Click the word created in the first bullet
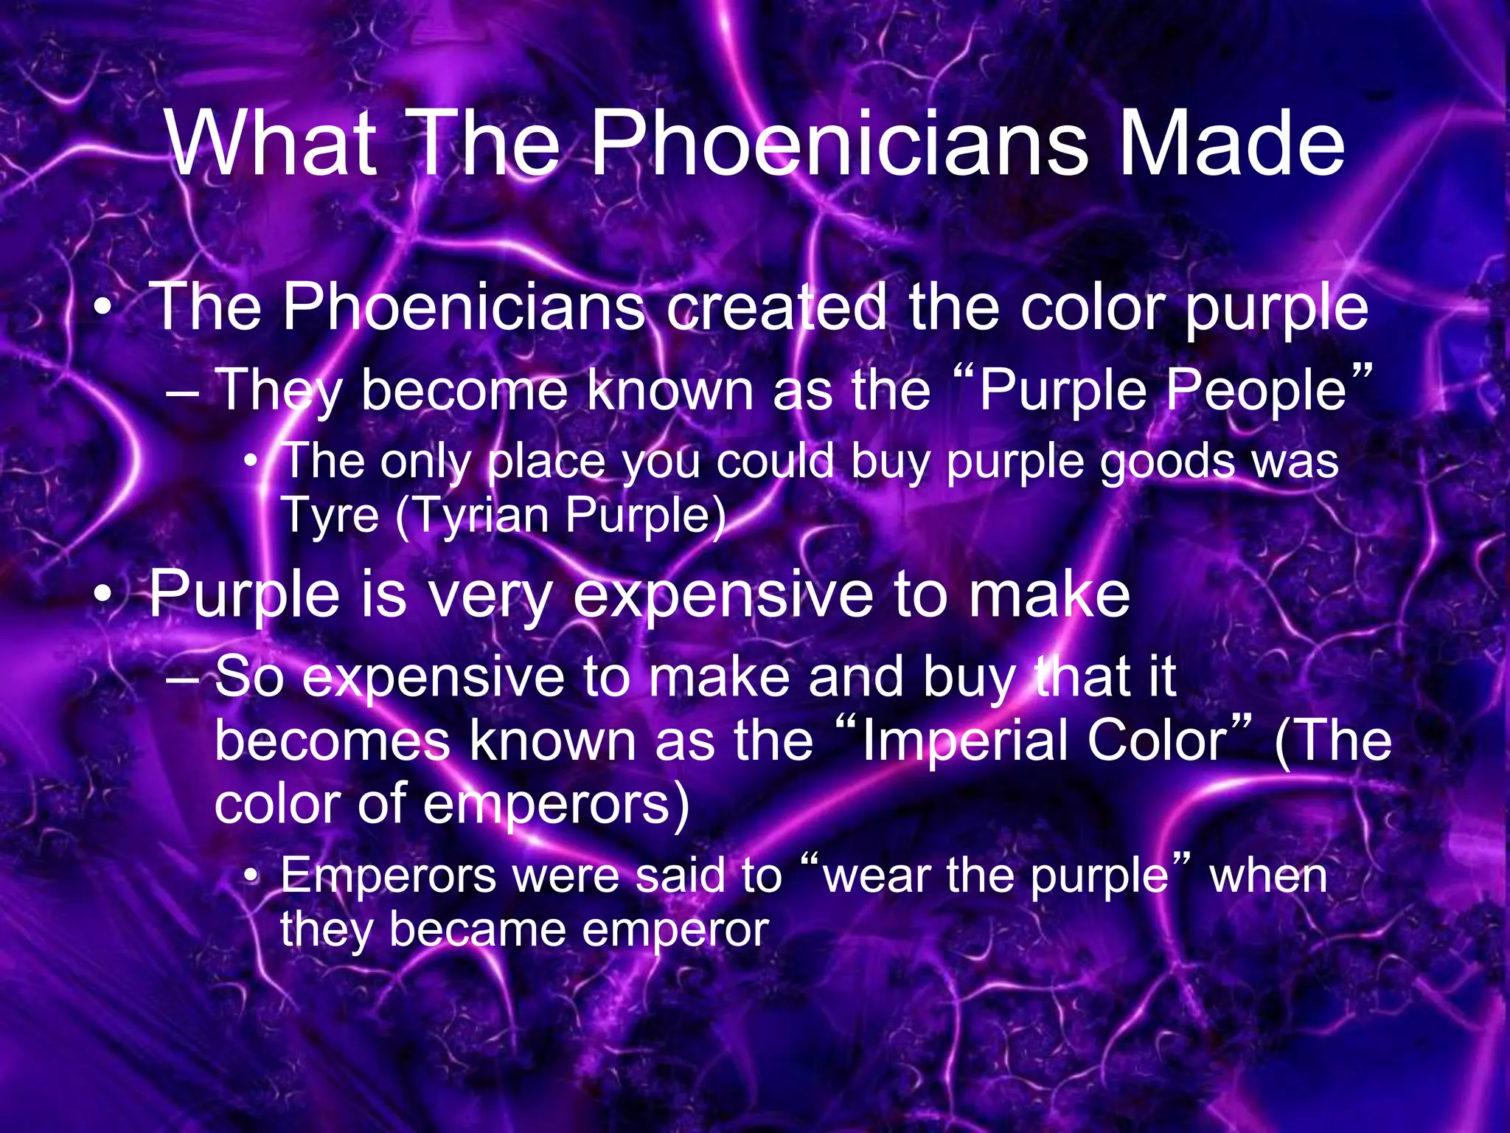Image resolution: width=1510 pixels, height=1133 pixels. [776, 307]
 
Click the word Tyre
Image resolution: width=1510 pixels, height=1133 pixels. [330, 516]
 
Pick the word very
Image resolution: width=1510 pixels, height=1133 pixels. [490, 595]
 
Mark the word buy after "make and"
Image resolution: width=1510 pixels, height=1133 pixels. [968, 676]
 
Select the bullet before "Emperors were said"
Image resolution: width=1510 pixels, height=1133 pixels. [252, 876]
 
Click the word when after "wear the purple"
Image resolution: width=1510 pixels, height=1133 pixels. [1268, 876]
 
